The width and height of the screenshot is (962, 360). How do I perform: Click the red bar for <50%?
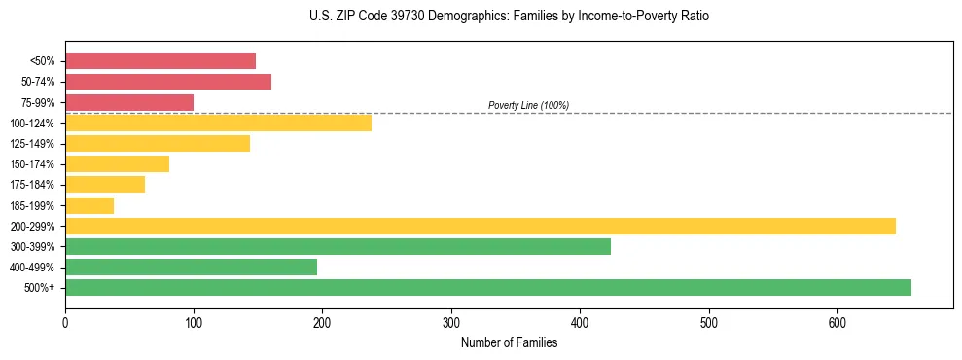pos(160,61)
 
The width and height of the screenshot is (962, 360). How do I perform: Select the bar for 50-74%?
pos(168,82)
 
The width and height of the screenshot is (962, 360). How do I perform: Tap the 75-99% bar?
pos(129,102)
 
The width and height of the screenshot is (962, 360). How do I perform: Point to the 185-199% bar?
pos(89,205)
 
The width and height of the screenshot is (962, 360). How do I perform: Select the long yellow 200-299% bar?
pos(481,226)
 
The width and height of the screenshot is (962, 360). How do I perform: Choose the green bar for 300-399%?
pos(338,246)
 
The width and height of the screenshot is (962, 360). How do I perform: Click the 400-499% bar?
pos(191,267)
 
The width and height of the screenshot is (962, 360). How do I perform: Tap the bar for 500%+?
pos(488,287)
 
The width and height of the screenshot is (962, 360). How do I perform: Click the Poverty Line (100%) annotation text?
pos(528,105)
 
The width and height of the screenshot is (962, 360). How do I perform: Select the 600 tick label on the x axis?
pos(837,322)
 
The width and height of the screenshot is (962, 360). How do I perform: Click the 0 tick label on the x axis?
pos(65,322)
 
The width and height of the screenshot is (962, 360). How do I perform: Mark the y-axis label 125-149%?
pos(33,144)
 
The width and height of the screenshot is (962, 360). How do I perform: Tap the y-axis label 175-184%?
pos(33,185)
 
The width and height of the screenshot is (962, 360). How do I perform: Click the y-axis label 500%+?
pos(41,288)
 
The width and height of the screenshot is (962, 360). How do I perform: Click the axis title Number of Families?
pos(509,342)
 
